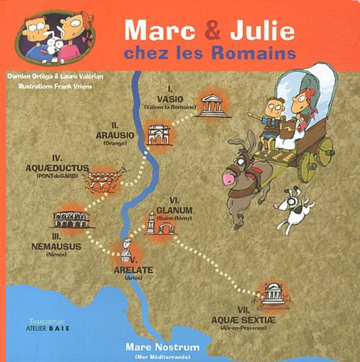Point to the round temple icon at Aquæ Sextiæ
click(x=273, y=294)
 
